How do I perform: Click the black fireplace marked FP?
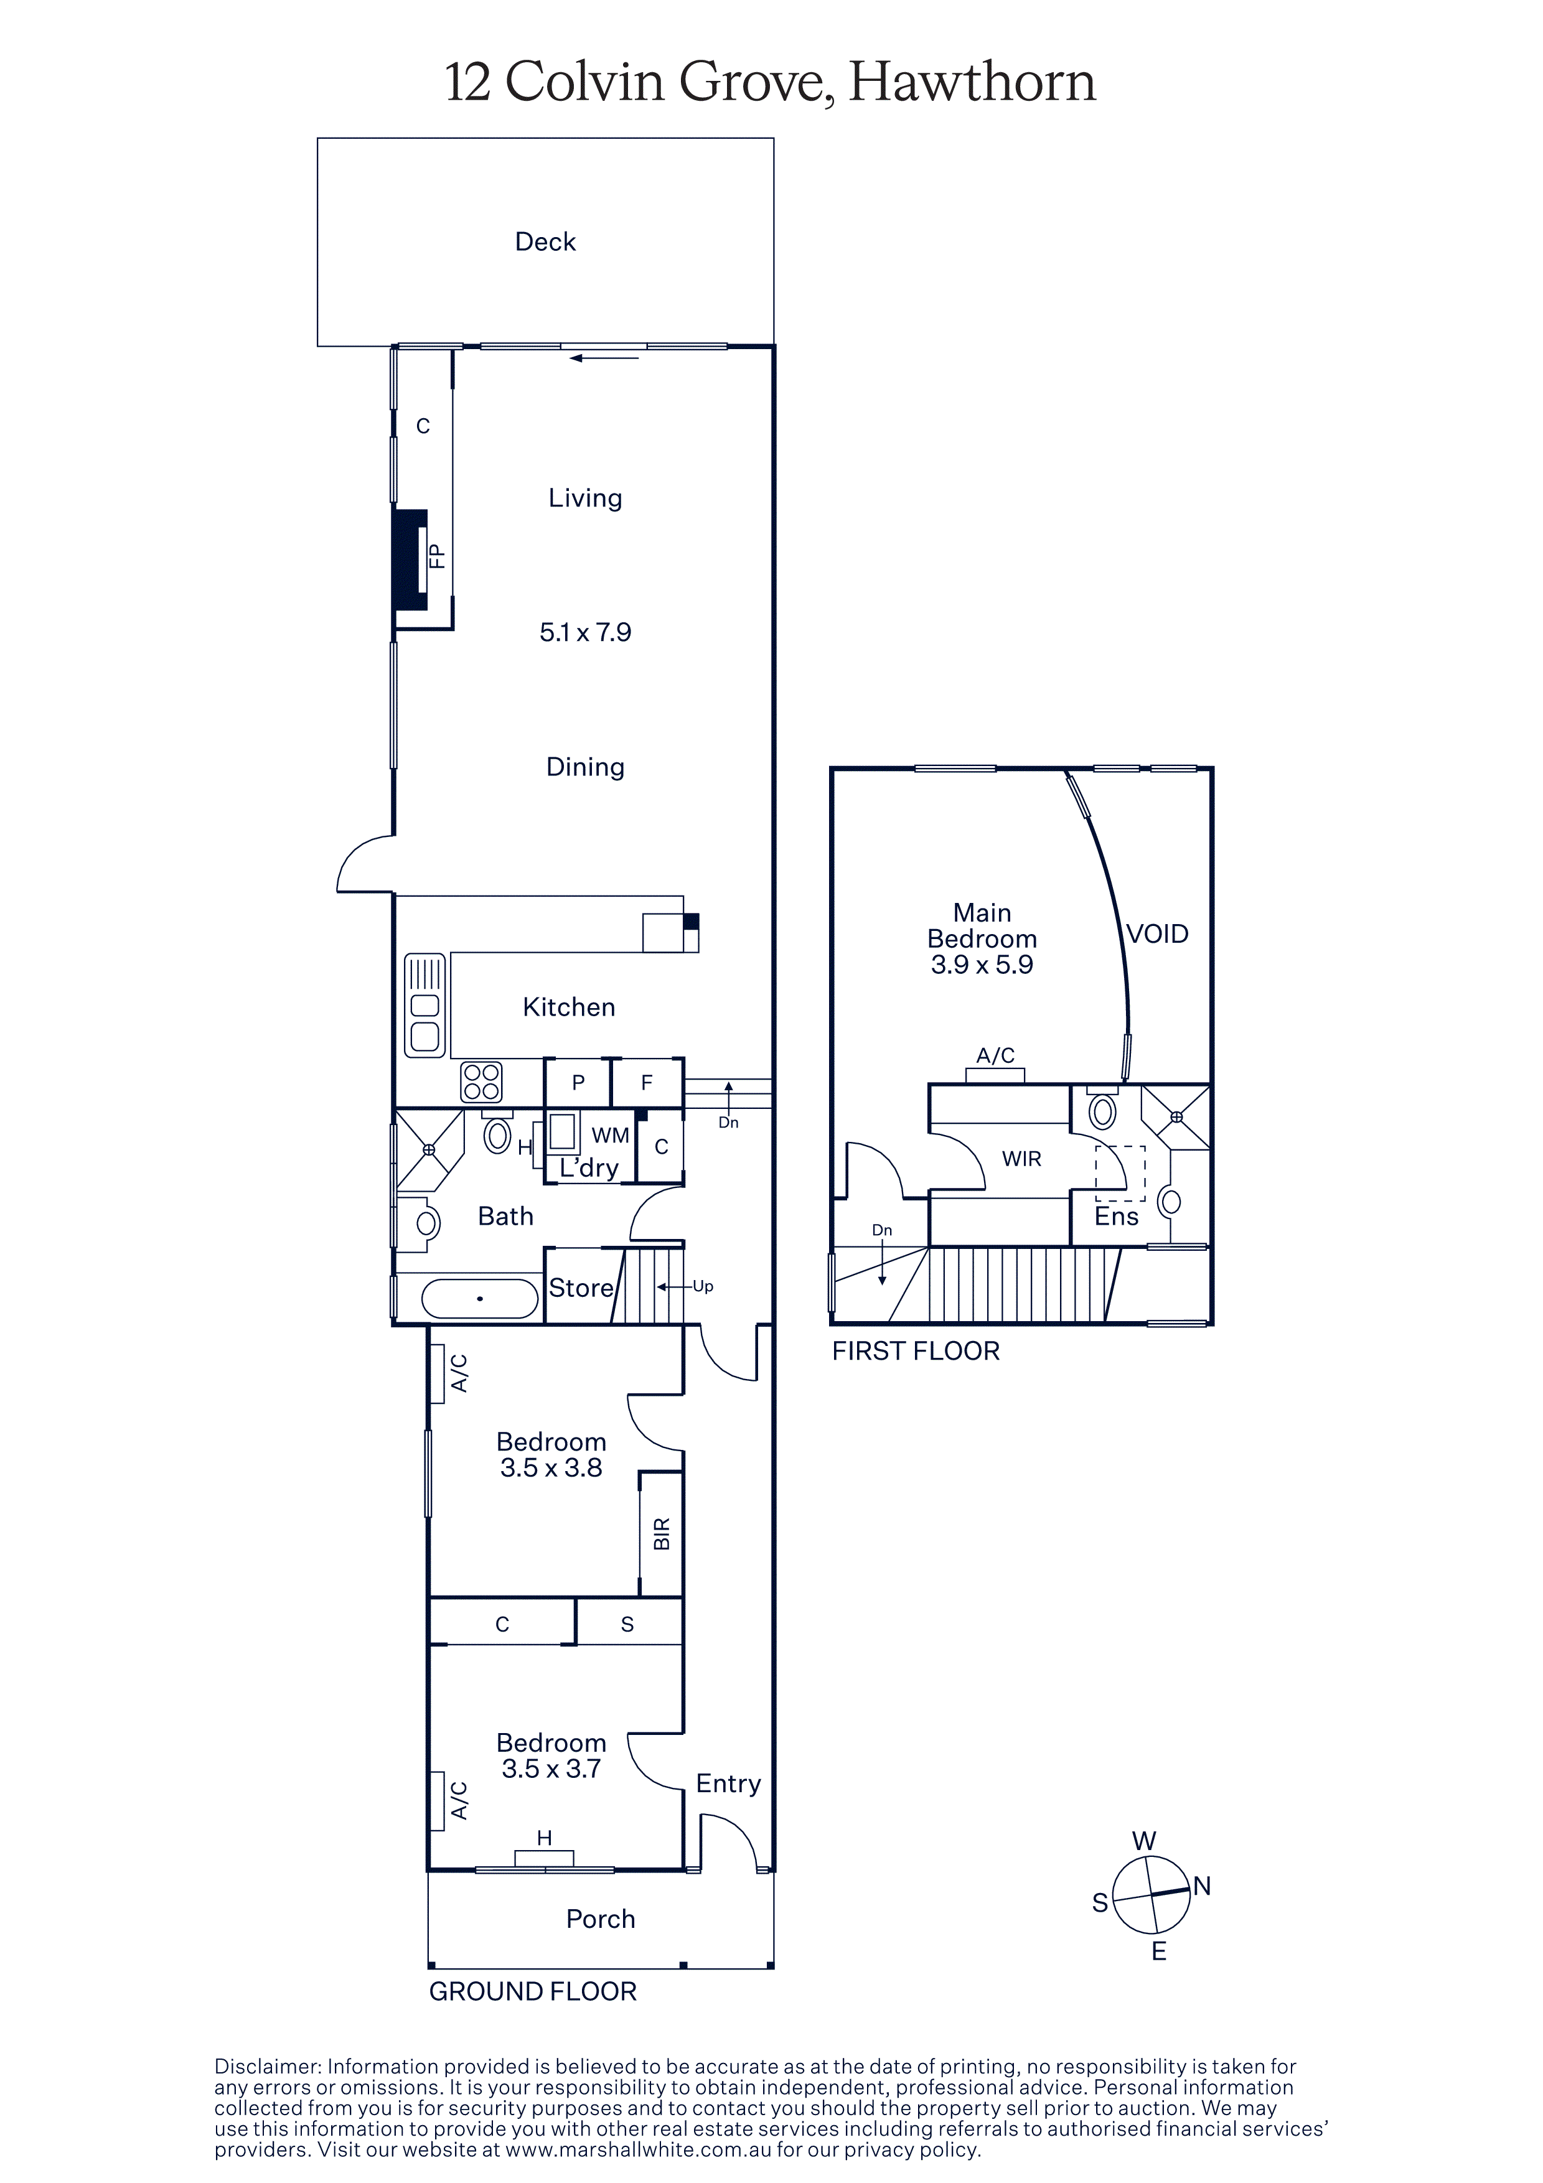click(410, 561)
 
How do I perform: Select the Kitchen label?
click(568, 1007)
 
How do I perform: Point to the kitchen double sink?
click(425, 1006)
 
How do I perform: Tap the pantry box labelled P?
click(578, 1083)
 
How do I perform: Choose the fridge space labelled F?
click(647, 1083)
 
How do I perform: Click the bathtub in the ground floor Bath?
click(479, 1298)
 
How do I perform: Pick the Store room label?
click(581, 1288)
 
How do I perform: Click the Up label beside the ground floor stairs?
click(703, 1286)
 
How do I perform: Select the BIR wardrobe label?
click(662, 1533)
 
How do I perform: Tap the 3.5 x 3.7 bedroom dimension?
click(551, 1769)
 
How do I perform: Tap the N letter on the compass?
click(1202, 1886)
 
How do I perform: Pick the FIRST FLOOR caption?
click(916, 1351)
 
